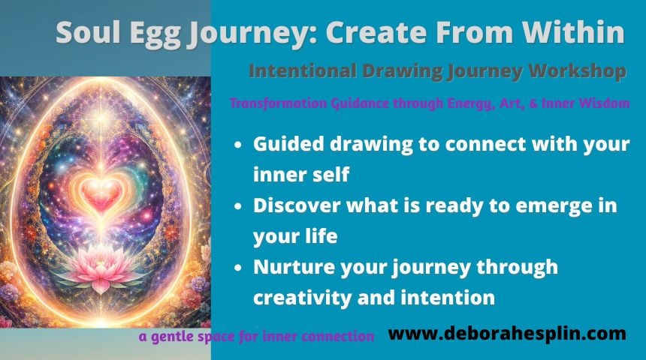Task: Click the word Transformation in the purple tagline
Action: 279,103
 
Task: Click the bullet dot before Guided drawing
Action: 237,145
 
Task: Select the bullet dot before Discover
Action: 237,206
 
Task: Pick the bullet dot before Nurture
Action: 237,268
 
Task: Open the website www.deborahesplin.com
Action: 507,333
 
